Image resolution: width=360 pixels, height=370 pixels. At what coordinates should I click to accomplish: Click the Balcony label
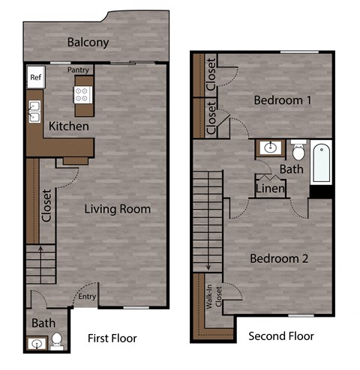[x=88, y=43]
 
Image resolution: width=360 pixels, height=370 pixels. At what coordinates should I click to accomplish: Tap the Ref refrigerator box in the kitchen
[x=34, y=77]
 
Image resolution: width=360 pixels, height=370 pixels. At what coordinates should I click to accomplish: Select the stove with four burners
[x=82, y=94]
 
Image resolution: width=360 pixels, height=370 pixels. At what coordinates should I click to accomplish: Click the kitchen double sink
[x=34, y=112]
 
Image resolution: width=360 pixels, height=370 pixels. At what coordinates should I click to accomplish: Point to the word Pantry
[x=78, y=70]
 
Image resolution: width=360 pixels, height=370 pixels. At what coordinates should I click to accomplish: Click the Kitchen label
[x=69, y=127]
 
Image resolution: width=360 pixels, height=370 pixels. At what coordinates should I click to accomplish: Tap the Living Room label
[x=117, y=209]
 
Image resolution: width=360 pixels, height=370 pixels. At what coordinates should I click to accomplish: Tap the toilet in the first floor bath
[x=56, y=342]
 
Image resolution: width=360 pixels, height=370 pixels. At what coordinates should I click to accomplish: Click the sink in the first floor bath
[x=36, y=345]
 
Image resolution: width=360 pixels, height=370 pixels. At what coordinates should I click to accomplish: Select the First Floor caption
[x=112, y=337]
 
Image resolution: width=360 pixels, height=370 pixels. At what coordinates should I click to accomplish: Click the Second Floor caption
[x=280, y=336]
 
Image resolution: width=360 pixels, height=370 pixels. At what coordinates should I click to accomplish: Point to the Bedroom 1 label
[x=282, y=100]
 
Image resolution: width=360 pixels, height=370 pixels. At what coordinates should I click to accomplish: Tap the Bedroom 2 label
[x=279, y=258]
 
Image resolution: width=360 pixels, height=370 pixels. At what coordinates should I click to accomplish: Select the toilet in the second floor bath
[x=298, y=152]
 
